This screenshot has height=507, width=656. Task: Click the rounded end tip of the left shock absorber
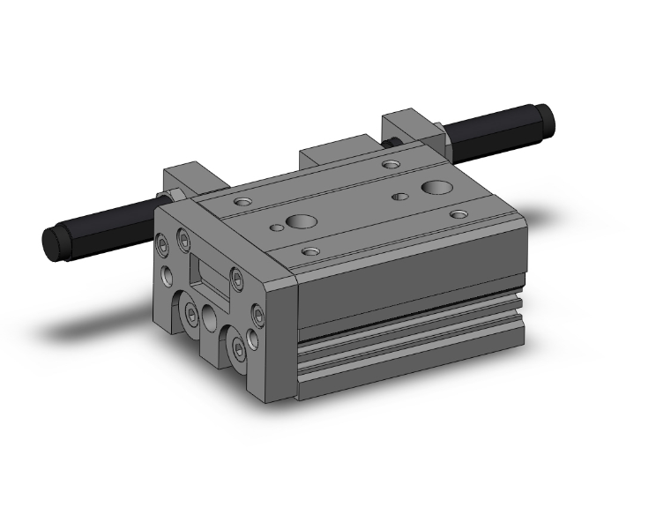50,241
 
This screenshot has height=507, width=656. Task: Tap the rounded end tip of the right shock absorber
547,115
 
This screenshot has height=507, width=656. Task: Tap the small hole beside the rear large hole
399,196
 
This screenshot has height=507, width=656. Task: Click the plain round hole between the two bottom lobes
210,315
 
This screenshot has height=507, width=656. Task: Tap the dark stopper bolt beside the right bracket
390,141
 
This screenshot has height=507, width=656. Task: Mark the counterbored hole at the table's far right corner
458,214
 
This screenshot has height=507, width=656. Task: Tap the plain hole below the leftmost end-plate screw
164,272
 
